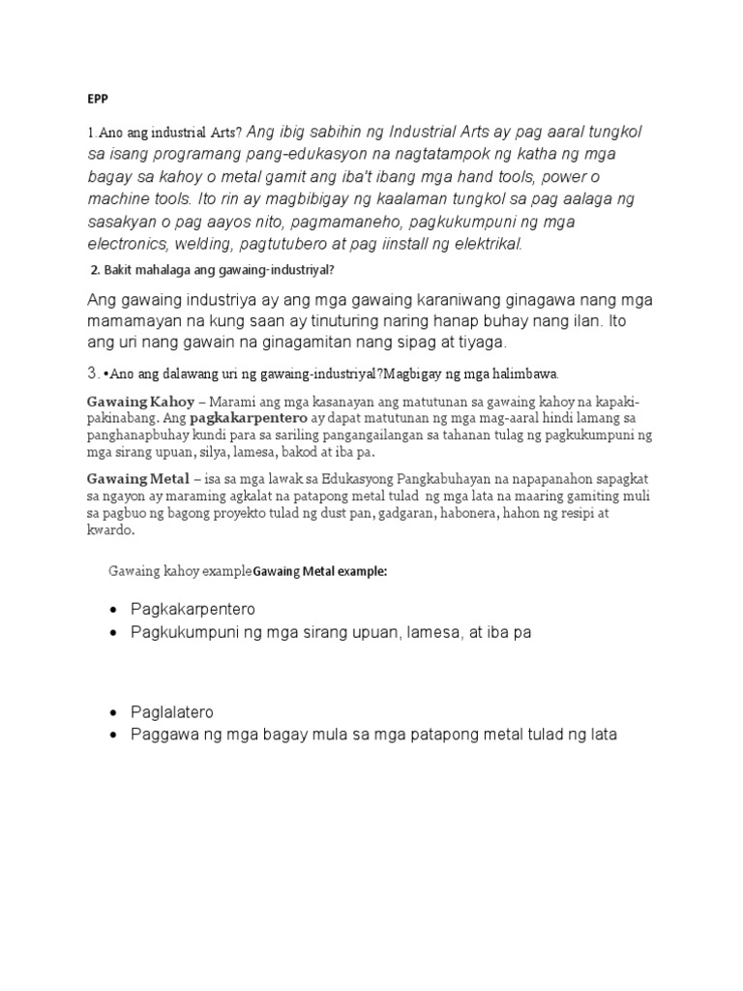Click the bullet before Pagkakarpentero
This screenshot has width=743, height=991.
tap(114, 610)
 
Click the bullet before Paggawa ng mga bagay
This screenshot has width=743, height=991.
tap(114, 735)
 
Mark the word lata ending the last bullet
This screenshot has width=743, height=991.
tap(599, 735)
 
